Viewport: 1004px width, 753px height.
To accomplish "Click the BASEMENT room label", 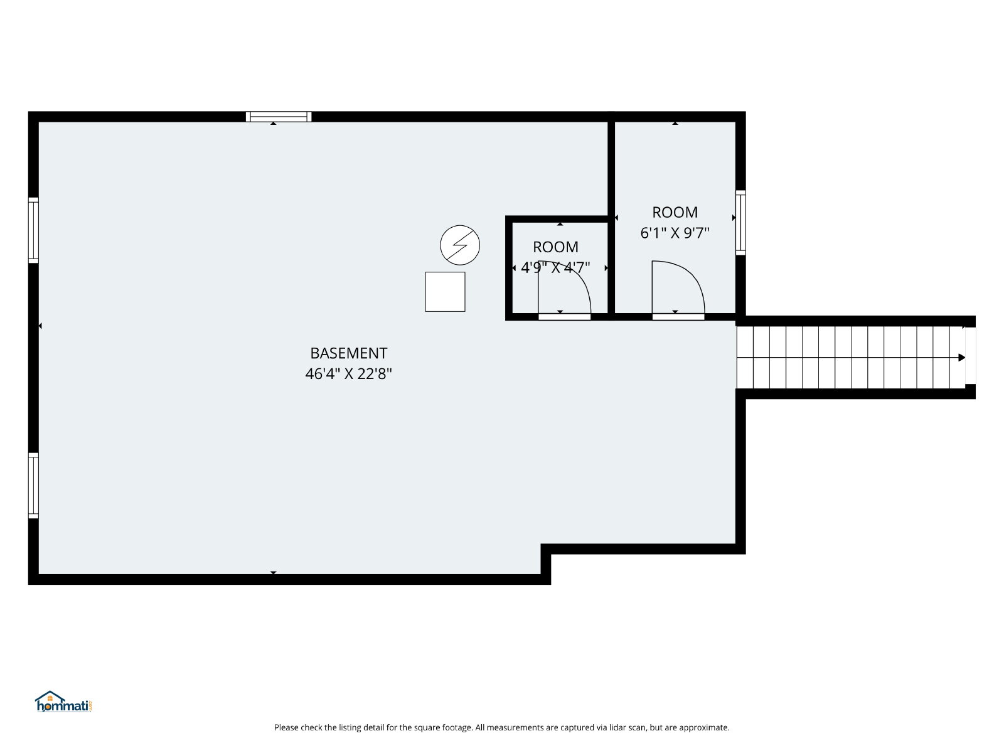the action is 348,353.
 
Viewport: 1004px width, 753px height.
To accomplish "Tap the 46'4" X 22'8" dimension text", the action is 348,374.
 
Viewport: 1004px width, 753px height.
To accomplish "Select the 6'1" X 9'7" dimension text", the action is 675,233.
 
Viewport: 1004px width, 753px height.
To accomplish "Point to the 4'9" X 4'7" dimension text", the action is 555,267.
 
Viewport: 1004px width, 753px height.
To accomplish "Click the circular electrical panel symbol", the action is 460,245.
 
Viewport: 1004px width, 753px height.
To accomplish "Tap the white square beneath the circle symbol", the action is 445,292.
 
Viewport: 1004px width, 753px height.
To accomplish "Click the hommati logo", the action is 63,702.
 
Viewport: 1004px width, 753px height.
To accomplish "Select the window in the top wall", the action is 279,117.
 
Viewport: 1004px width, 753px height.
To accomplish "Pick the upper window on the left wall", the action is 33,230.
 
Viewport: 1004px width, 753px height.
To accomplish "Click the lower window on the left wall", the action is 33,486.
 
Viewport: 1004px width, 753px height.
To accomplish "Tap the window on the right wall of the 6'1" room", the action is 740,223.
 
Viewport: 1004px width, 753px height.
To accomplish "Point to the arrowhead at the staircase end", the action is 962,358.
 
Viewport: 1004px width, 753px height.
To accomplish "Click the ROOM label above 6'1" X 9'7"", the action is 675,213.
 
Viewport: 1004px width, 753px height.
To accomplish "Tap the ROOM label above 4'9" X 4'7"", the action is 555,247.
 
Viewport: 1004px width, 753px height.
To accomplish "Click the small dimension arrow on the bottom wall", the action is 274,572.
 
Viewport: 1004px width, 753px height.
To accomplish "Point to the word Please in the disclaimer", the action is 286,727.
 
